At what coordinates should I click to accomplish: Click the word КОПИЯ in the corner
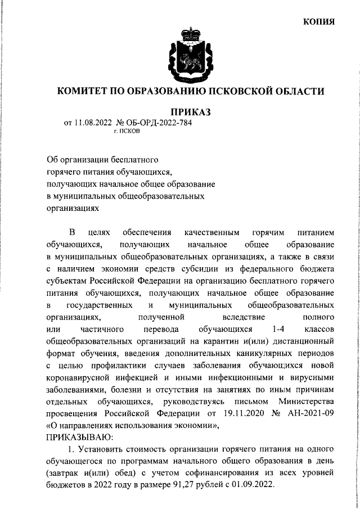pos(319,21)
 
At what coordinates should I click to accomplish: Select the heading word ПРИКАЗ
pos(190,113)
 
